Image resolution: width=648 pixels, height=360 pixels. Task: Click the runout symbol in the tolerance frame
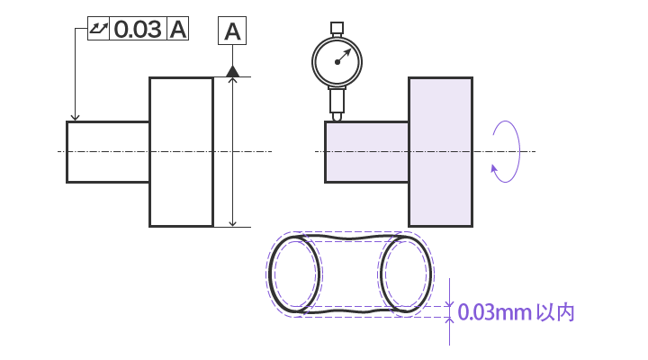(x=98, y=29)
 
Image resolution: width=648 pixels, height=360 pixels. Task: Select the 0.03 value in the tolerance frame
(x=138, y=29)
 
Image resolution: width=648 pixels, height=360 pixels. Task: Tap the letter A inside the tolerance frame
(x=178, y=29)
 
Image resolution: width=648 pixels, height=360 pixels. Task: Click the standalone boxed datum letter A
(x=232, y=31)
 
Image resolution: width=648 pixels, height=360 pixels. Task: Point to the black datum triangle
(x=233, y=71)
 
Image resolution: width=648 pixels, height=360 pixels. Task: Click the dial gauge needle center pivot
(x=337, y=62)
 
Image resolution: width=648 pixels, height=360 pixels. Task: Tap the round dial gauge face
(x=337, y=62)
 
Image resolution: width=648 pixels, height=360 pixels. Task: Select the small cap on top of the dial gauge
(x=337, y=28)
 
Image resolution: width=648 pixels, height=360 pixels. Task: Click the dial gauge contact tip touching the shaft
(x=337, y=117)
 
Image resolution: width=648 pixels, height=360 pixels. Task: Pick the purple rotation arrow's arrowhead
(x=494, y=168)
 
